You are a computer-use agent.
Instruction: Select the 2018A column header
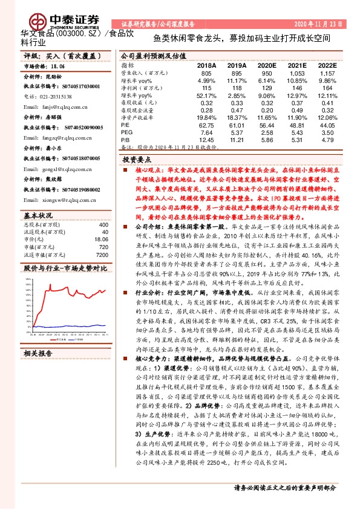[x=206, y=64]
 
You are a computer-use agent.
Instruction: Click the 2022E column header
[x=327, y=64]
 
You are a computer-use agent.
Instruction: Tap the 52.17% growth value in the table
[x=206, y=96]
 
